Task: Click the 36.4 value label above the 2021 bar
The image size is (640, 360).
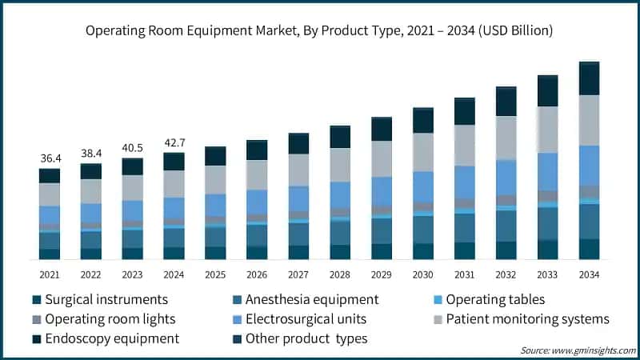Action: click(x=50, y=158)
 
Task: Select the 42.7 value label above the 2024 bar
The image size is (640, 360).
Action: click(x=174, y=143)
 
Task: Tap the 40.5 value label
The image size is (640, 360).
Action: click(x=132, y=148)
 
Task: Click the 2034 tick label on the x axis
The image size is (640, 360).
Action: click(x=589, y=274)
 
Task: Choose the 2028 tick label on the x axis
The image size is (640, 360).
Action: click(x=340, y=274)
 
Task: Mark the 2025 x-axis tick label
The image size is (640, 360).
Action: click(x=215, y=274)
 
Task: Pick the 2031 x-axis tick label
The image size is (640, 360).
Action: click(x=465, y=274)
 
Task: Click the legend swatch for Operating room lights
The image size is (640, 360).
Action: click(x=37, y=319)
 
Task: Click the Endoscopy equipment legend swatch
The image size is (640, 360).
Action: click(x=37, y=338)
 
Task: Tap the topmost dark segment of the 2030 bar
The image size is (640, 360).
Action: click(x=423, y=120)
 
